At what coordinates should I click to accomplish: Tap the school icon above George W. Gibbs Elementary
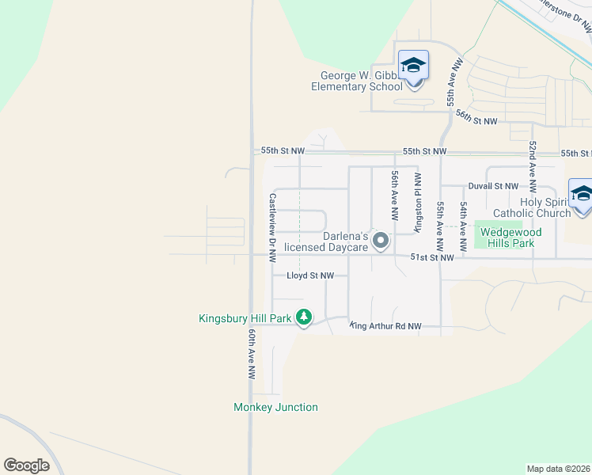(413, 65)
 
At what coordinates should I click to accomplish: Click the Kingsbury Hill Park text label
(245, 318)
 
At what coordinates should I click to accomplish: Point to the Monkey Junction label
(275, 407)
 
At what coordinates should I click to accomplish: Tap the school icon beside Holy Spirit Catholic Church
(581, 195)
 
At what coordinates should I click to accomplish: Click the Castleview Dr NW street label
(272, 228)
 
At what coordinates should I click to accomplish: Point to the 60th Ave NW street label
(252, 354)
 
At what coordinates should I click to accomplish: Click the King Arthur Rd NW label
(386, 326)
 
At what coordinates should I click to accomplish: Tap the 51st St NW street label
(432, 257)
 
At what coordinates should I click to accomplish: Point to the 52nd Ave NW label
(533, 167)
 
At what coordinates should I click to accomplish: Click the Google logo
(26, 465)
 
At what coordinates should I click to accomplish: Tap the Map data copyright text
(559, 469)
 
